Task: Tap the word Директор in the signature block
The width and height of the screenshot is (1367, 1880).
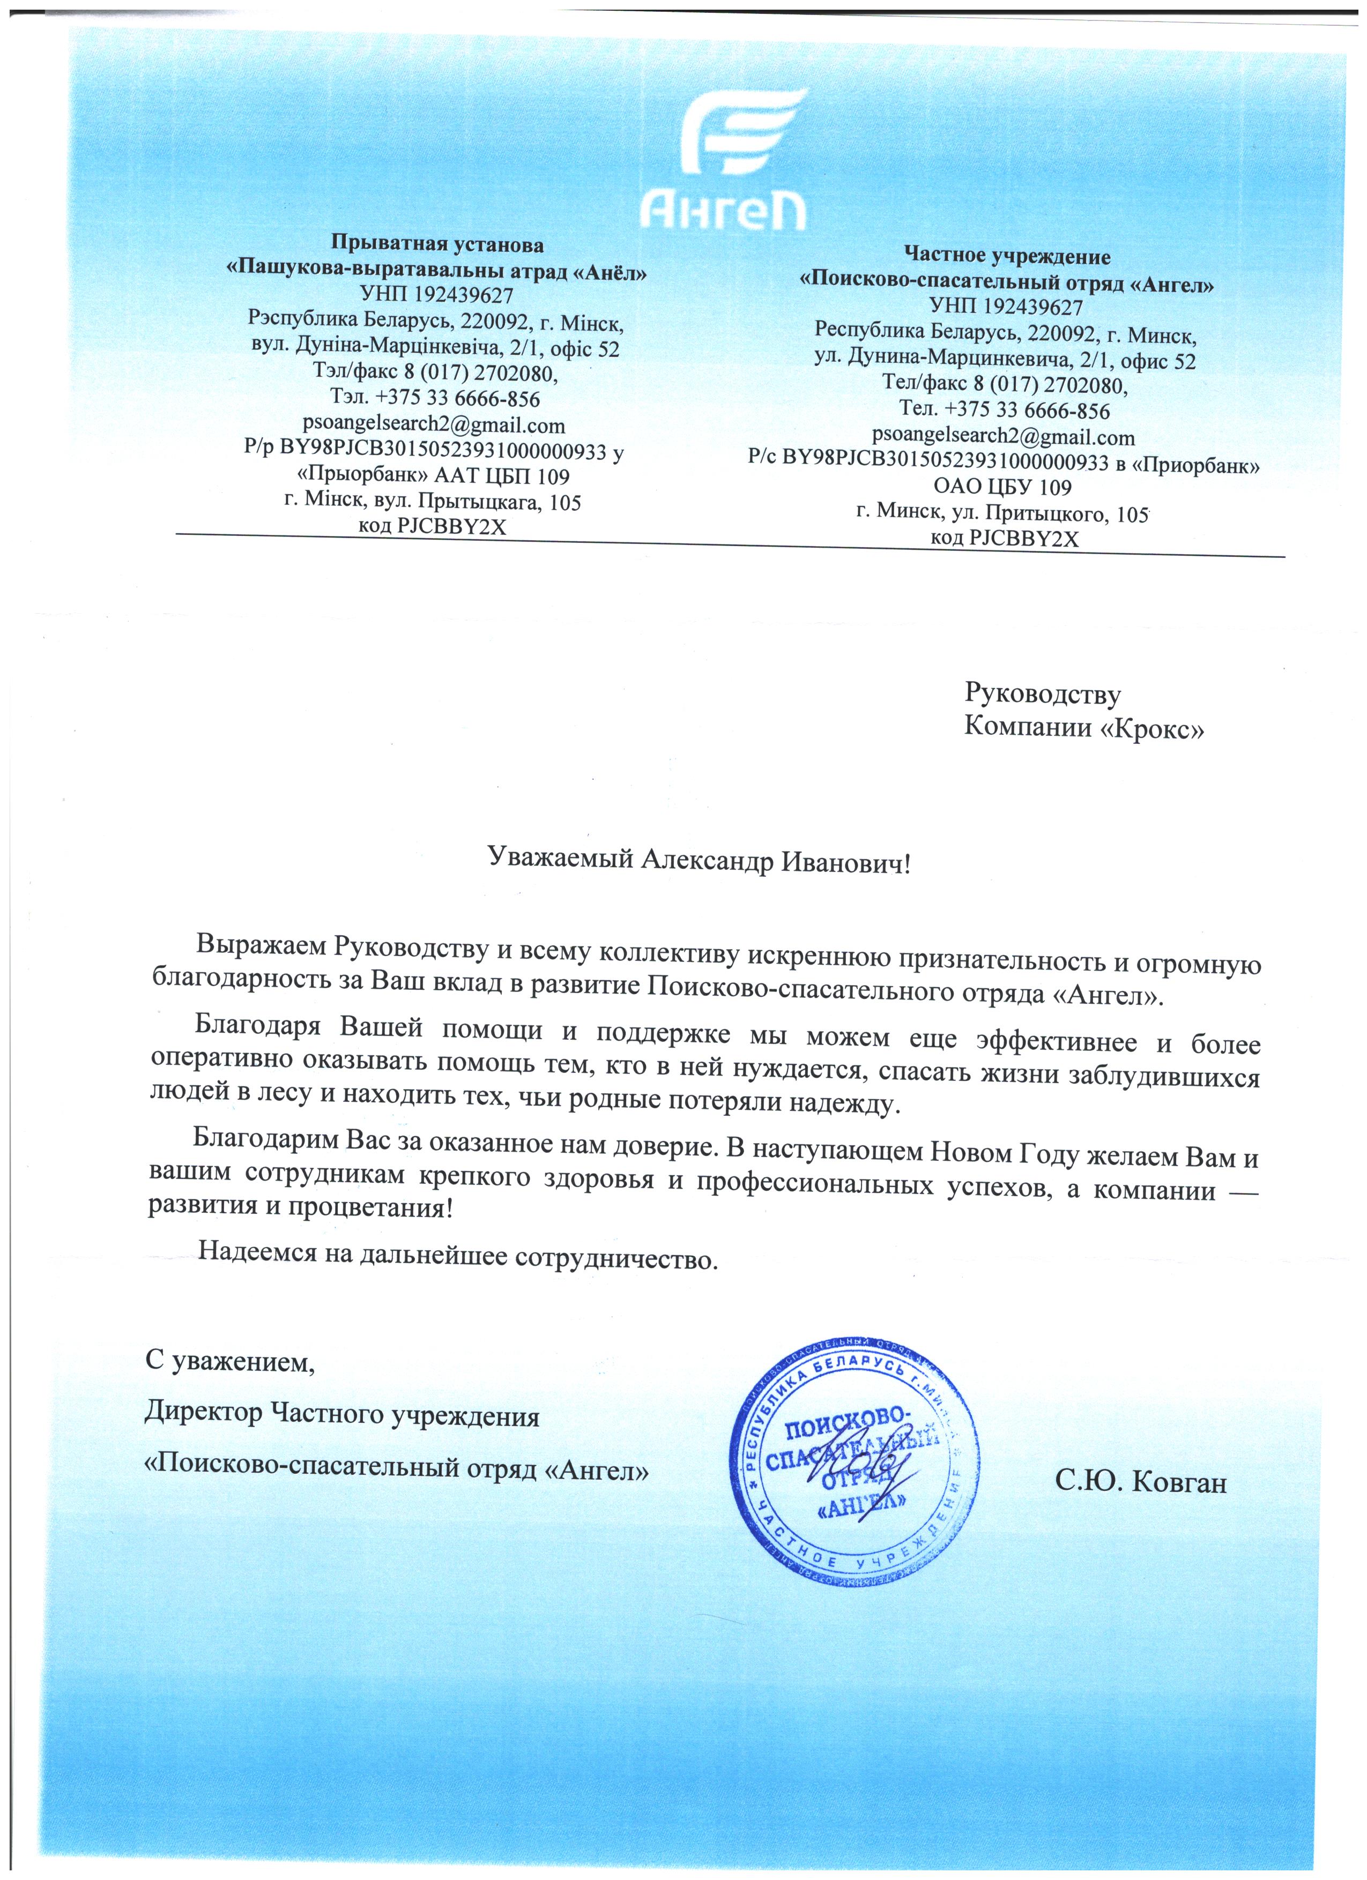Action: [x=202, y=1415]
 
